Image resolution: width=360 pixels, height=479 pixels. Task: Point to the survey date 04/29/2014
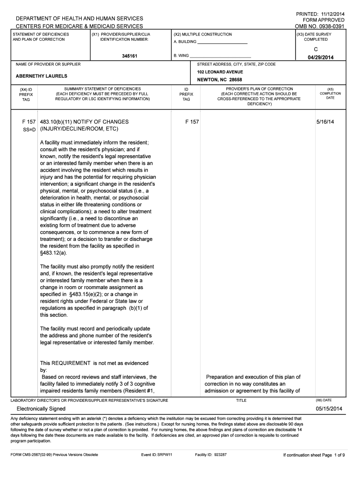(321, 58)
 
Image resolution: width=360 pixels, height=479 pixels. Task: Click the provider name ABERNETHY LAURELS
(42, 76)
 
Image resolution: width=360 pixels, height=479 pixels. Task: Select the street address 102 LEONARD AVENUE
(220, 72)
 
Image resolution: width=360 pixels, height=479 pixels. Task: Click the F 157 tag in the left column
(29, 122)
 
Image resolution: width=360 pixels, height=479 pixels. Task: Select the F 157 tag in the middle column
(192, 122)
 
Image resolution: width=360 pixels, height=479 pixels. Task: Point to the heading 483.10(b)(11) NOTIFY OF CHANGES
(84, 122)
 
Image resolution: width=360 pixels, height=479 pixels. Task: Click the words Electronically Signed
(41, 409)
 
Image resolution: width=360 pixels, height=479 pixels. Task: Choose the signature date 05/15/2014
(329, 409)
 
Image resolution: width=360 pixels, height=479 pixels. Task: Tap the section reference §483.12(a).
(54, 253)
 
